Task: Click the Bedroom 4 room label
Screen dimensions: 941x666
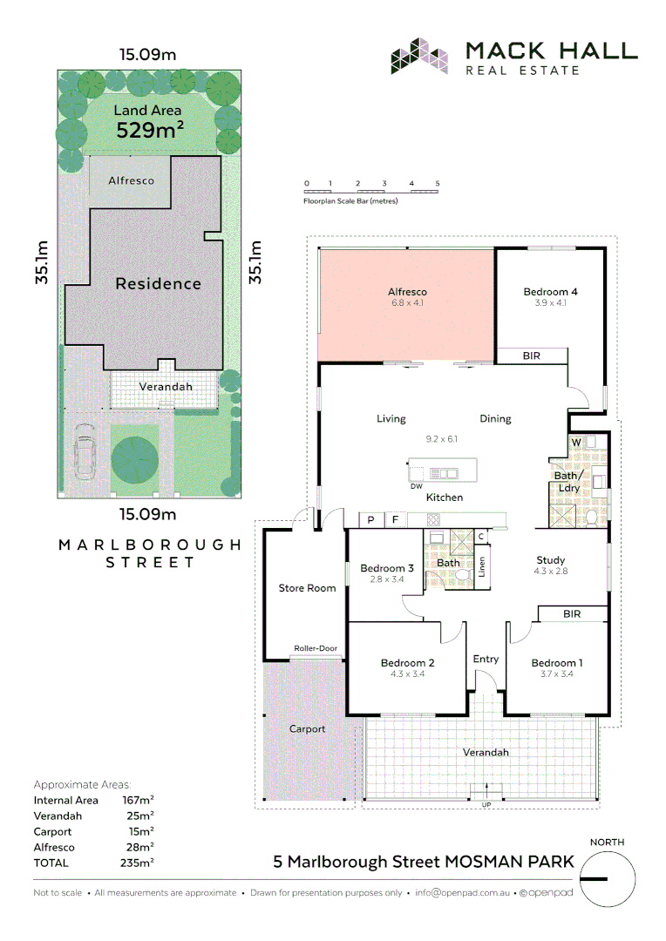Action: [x=550, y=292]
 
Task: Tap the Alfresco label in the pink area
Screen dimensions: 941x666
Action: [x=407, y=292]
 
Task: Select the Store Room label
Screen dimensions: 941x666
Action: [x=307, y=588]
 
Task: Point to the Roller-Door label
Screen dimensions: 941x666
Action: [x=315, y=648]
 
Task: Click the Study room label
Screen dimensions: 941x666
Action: [x=551, y=560]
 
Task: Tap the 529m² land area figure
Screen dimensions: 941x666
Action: [x=150, y=131]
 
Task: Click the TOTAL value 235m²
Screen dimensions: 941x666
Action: [x=138, y=863]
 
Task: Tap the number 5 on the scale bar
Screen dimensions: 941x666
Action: [x=438, y=184]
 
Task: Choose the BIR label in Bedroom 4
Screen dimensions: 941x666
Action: [x=532, y=356]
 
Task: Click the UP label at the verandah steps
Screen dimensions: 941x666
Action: [x=486, y=804]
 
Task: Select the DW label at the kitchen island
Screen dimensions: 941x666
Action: [x=416, y=486]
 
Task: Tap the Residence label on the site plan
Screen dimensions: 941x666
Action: [x=159, y=284]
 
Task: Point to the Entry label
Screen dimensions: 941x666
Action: [x=486, y=659]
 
